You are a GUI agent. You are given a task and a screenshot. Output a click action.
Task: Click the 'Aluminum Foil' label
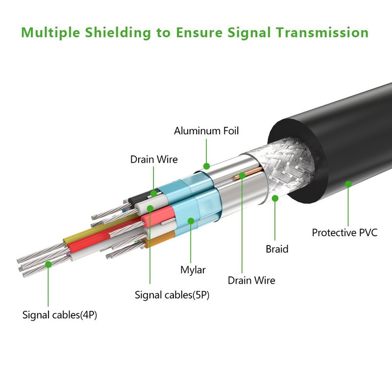(x=206, y=131)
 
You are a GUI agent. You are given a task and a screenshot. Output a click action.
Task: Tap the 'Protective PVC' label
(x=344, y=233)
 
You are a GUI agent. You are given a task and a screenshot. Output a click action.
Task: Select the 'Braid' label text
(x=277, y=249)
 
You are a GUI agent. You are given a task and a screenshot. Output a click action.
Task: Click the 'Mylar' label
(x=193, y=270)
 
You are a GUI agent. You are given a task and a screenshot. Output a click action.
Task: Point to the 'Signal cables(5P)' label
(x=172, y=295)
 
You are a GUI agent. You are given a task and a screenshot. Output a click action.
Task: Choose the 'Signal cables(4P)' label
(x=59, y=315)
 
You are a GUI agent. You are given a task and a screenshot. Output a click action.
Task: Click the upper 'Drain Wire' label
(x=154, y=160)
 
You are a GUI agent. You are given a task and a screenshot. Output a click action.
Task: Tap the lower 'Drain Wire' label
(x=251, y=280)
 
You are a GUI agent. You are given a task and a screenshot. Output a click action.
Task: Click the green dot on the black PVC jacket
(x=348, y=184)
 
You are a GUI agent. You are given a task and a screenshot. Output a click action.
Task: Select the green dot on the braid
(x=275, y=198)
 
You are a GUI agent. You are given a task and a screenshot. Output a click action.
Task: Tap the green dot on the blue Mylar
(x=191, y=221)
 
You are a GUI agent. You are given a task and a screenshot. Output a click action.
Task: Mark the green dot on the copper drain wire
(x=242, y=175)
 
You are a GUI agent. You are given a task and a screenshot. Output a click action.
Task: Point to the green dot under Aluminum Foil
(x=206, y=166)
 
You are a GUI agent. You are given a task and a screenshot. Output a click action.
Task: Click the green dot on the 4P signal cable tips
(x=48, y=264)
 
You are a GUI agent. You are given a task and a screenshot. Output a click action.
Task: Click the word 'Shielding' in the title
(x=118, y=33)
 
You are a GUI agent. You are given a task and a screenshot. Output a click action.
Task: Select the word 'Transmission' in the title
(x=322, y=32)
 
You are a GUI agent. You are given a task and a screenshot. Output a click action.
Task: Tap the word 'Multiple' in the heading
(x=51, y=33)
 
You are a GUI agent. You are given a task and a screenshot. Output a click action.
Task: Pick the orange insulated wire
(x=158, y=239)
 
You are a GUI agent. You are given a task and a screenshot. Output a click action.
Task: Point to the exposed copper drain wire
(x=247, y=173)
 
